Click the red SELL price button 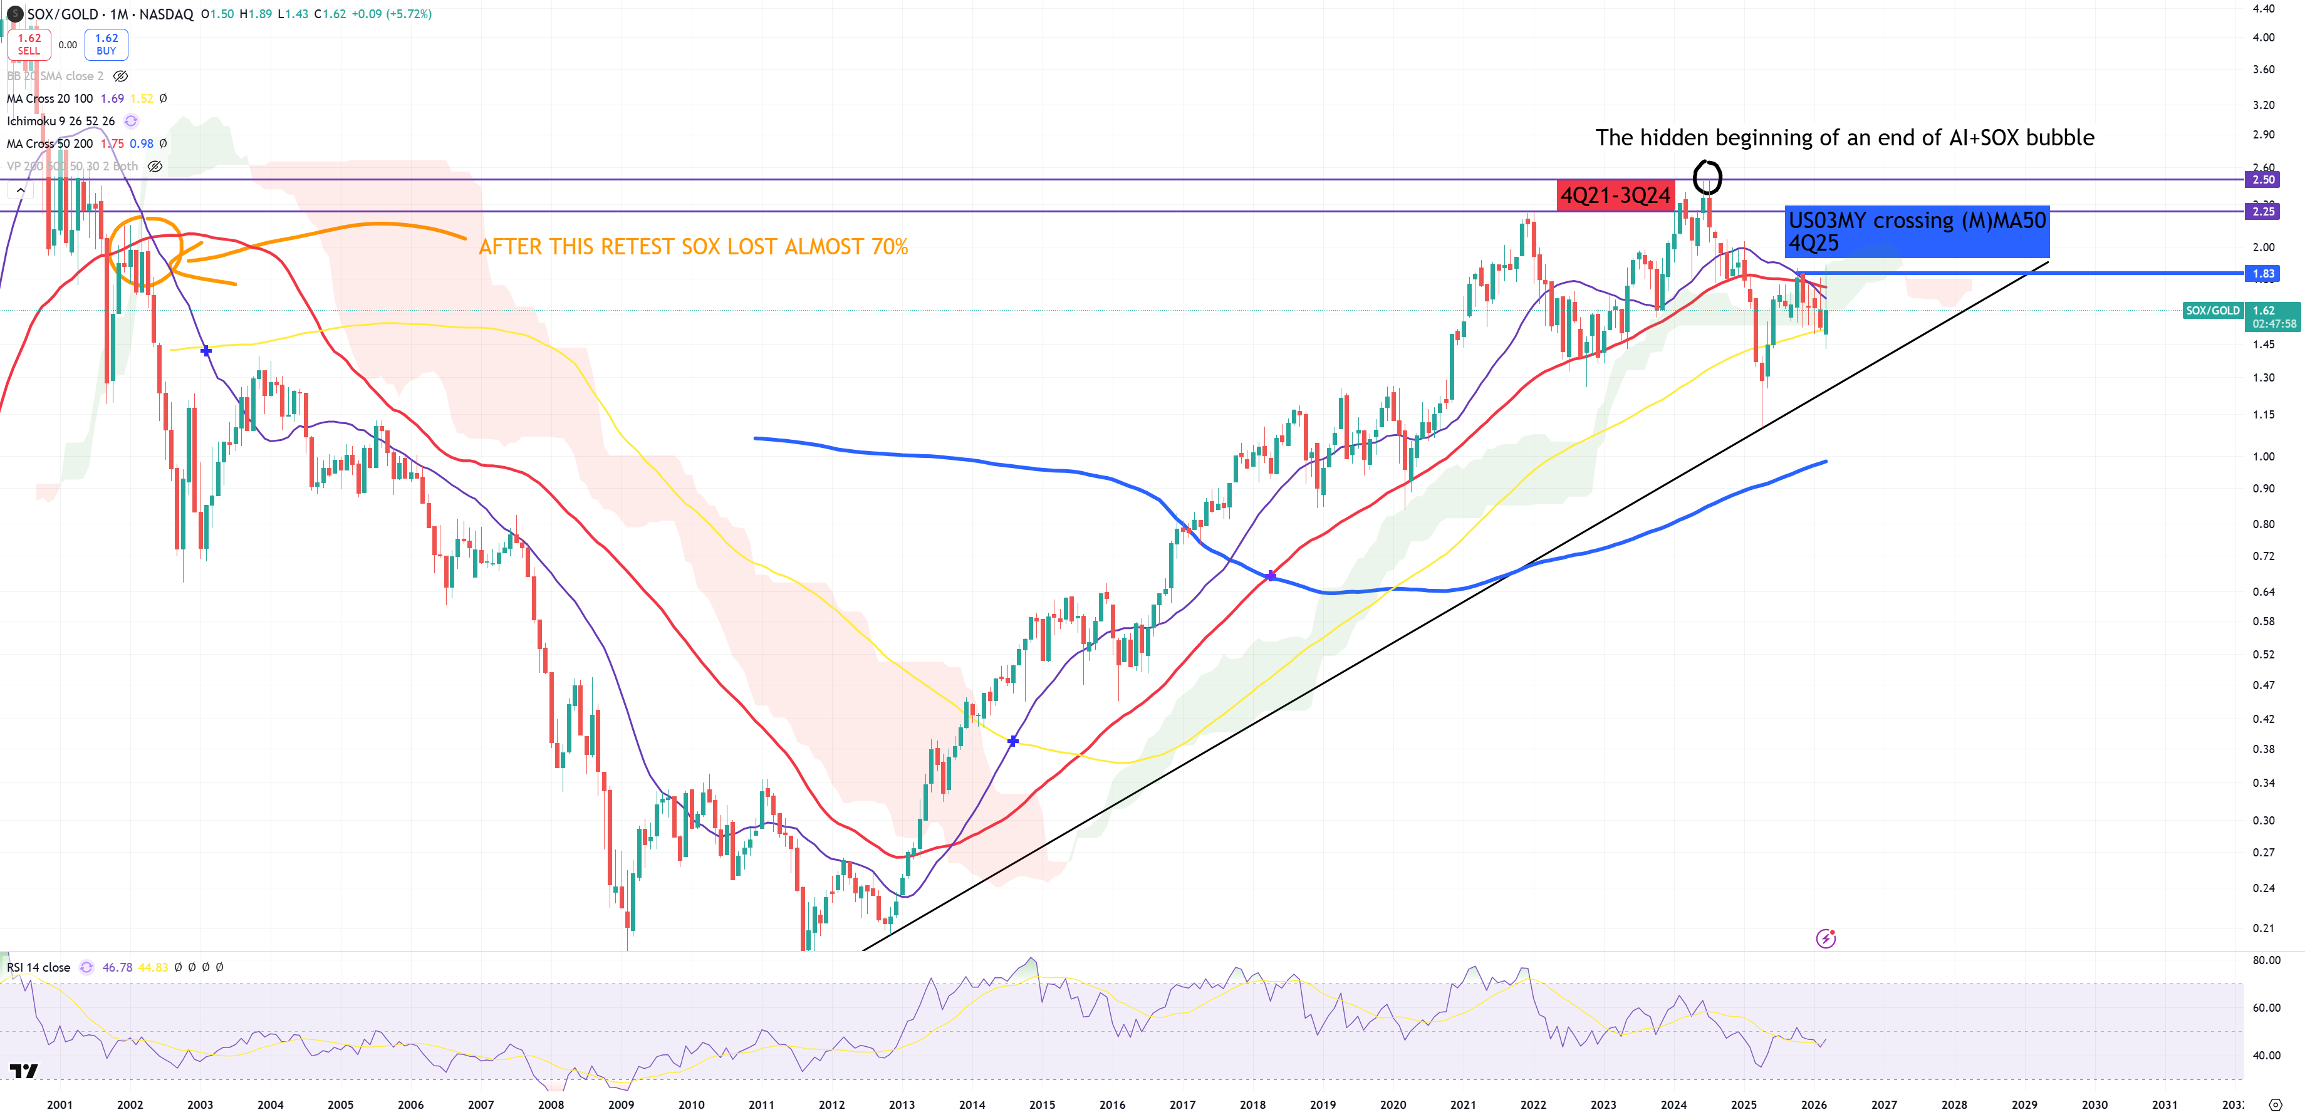(29, 44)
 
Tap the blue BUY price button (107, 44)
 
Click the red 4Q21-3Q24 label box (1615, 195)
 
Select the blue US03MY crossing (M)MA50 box (1916, 231)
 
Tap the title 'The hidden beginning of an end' (1844, 138)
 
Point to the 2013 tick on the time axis (902, 1104)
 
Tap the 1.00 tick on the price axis (2263, 457)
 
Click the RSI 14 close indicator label (38, 967)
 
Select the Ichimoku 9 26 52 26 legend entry (61, 121)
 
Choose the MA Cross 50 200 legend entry (50, 143)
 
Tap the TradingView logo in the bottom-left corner (24, 1071)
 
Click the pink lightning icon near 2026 (1825, 938)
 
